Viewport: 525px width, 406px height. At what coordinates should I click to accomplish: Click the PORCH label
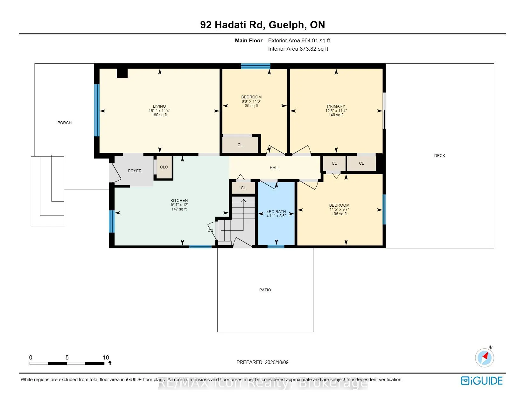[x=65, y=123]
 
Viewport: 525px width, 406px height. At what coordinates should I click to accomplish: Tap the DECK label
[x=439, y=156]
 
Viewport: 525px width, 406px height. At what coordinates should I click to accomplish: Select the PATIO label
[x=265, y=290]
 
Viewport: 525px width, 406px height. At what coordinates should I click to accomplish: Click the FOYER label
[x=135, y=171]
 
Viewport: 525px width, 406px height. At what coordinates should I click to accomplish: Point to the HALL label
[x=275, y=168]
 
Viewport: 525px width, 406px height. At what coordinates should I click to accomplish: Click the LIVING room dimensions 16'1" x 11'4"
[x=159, y=111]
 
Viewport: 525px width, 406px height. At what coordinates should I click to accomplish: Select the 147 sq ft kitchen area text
[x=179, y=209]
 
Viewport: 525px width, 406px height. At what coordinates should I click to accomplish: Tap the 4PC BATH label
[x=276, y=211]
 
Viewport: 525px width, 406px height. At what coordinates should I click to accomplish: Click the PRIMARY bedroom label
[x=336, y=106]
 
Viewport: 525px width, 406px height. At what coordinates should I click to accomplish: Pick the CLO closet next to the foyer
[x=164, y=167]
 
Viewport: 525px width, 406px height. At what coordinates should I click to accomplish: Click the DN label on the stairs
[x=210, y=231]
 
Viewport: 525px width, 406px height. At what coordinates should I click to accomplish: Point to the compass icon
[x=484, y=358]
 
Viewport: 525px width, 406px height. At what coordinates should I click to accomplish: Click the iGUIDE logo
[x=481, y=381]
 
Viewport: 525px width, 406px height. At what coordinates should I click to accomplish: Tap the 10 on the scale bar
[x=106, y=357]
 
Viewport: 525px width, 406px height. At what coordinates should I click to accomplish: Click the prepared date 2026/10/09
[x=276, y=362]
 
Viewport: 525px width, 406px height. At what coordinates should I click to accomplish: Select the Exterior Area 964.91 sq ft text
[x=299, y=41]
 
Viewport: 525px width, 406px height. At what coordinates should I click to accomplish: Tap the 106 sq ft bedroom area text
[x=339, y=214]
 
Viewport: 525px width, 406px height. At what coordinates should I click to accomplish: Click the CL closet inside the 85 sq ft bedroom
[x=240, y=145]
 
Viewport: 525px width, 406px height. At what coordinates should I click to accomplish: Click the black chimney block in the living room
[x=122, y=73]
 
